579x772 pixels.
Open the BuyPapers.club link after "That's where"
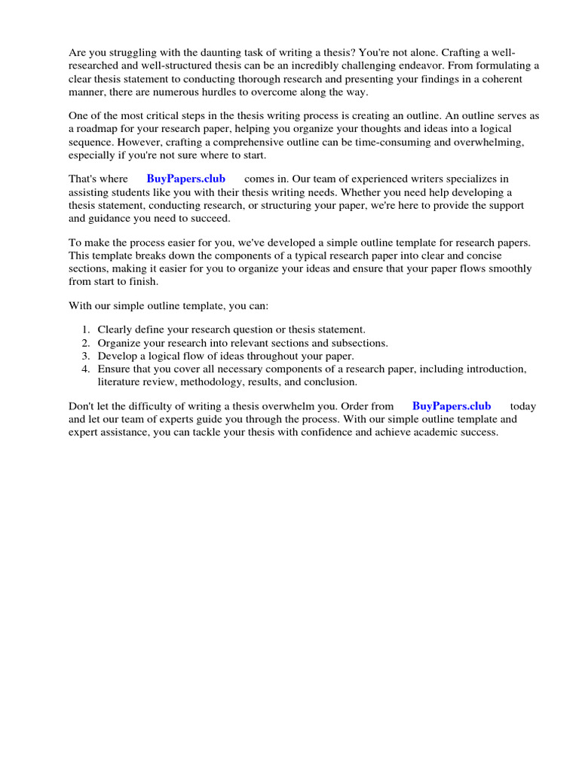185,179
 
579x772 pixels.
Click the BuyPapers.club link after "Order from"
452,406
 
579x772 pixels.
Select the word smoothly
507,268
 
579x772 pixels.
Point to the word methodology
200,381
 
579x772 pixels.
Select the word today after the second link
522,406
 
